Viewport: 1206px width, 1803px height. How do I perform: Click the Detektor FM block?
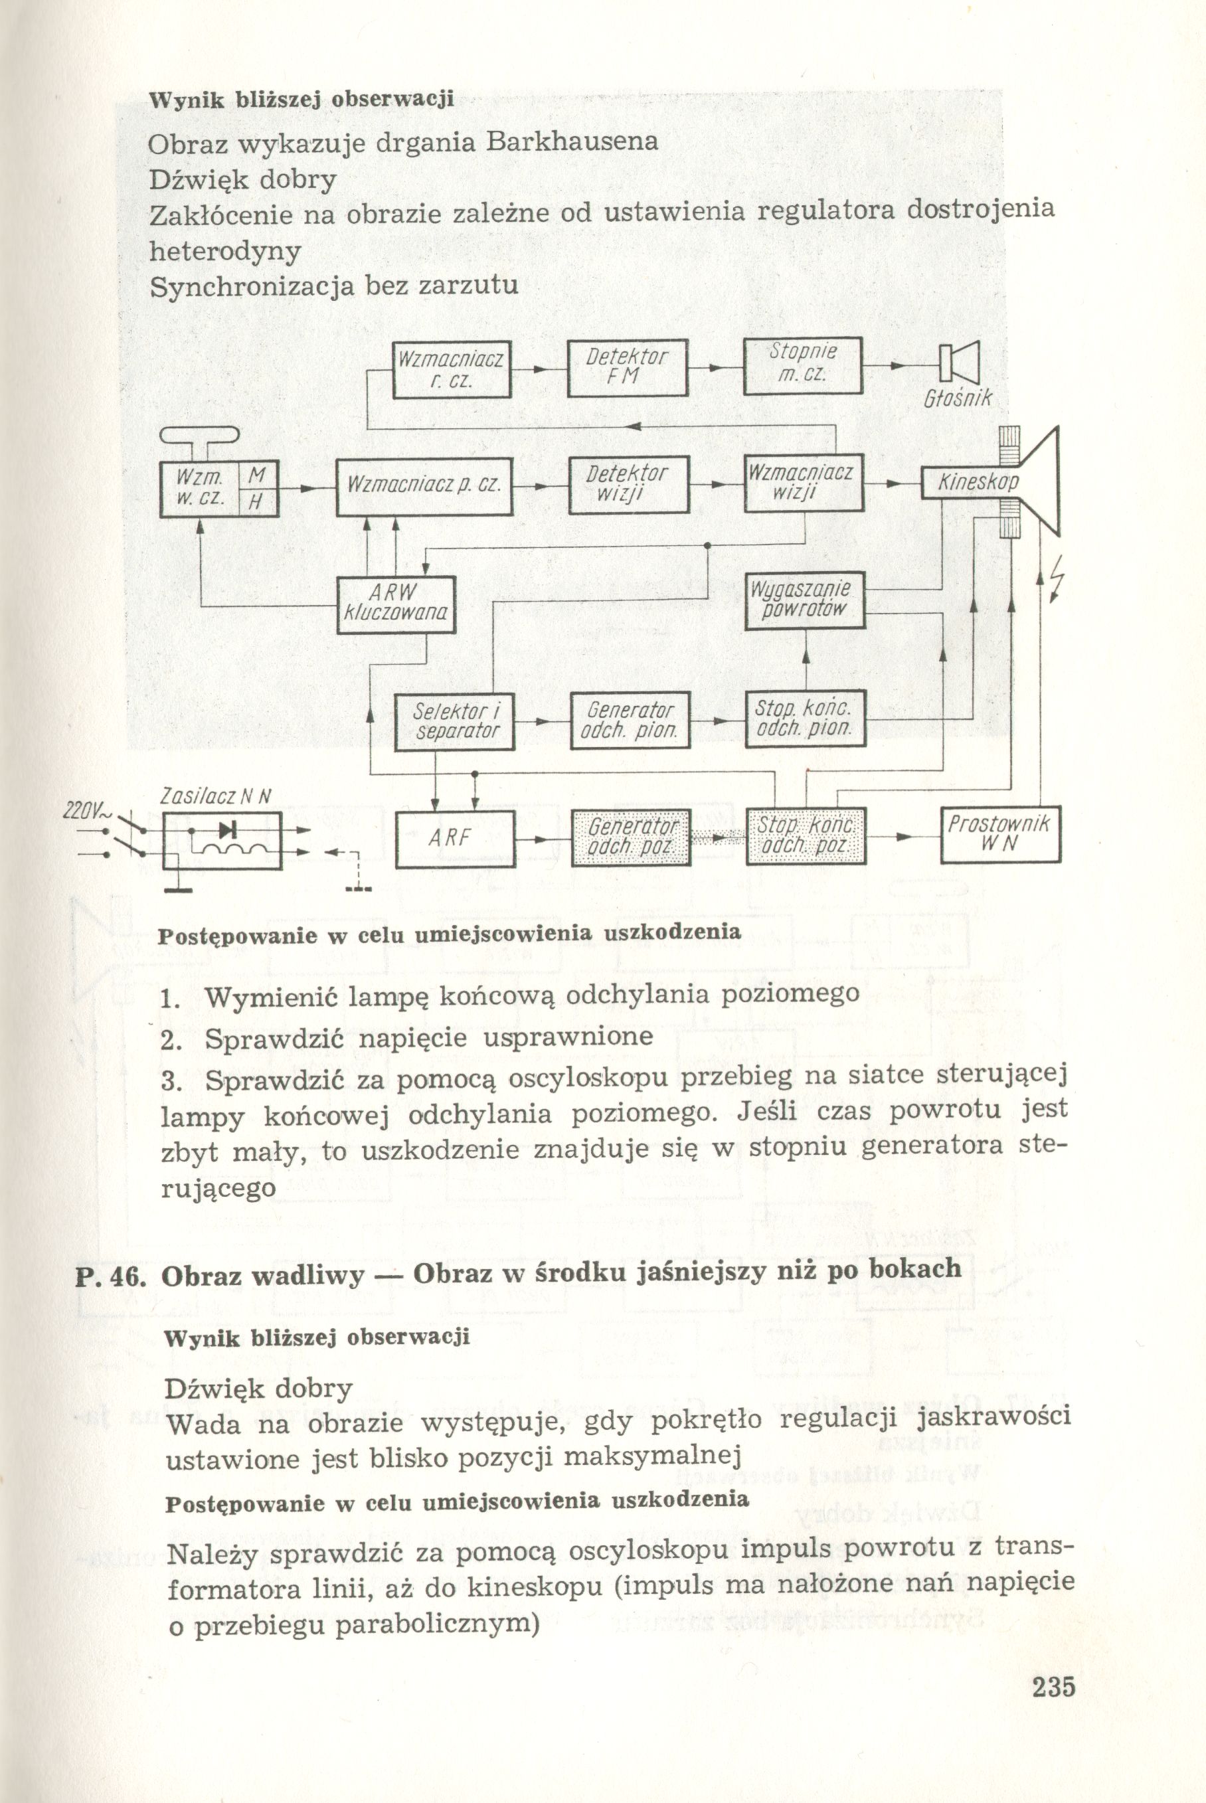tap(627, 368)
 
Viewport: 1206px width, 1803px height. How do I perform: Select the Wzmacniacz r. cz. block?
tap(452, 369)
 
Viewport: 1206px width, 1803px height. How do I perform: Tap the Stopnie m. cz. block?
tap(802, 365)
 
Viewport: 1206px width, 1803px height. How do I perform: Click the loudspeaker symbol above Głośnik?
tap(958, 361)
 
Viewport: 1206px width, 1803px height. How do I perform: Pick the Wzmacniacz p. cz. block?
tap(424, 486)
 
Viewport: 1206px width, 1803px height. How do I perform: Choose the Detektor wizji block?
tap(627, 485)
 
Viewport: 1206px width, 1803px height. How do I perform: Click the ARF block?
tap(454, 837)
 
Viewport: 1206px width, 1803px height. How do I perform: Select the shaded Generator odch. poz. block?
tap(631, 837)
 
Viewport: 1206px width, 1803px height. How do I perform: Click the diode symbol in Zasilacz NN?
tap(225, 829)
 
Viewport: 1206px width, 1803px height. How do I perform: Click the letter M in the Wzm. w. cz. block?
tap(257, 477)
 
